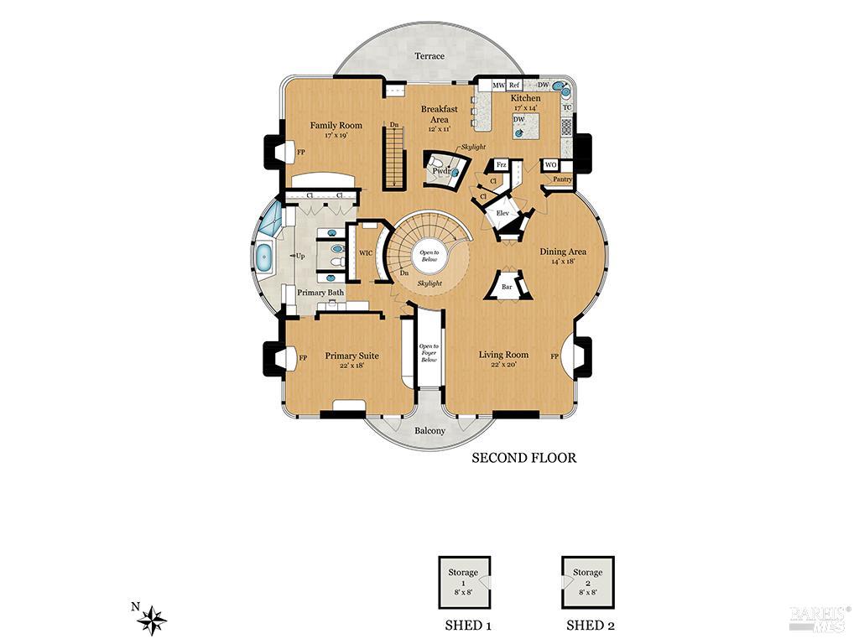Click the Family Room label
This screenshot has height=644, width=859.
tap(336, 126)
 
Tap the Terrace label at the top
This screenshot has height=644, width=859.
tap(429, 56)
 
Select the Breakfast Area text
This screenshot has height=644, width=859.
tap(439, 115)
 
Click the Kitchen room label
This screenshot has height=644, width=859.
tap(526, 98)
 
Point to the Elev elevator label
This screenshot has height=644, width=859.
tap(503, 213)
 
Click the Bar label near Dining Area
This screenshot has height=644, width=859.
tap(507, 287)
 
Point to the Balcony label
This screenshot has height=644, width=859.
tap(429, 431)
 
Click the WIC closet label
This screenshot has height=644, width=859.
tap(366, 252)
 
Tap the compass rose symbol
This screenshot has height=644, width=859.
tap(152, 620)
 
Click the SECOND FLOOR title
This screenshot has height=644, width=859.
tap(523, 458)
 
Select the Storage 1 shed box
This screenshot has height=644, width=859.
tap(464, 583)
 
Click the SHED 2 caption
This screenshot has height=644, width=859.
tap(591, 626)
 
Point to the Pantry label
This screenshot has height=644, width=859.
tap(562, 179)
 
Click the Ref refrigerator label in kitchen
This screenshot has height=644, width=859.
tap(514, 86)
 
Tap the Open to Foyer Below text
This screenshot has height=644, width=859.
tap(429, 352)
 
